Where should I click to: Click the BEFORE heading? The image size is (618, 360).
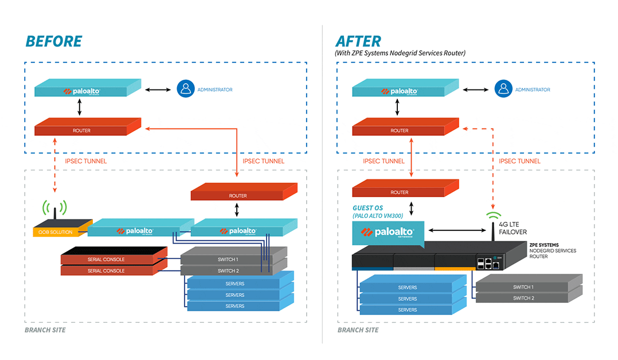tap(53, 41)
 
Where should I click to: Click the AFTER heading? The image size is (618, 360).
tap(358, 41)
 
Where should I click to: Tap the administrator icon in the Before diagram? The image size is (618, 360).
tap(185, 89)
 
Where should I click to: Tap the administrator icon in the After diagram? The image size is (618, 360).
tap(503, 89)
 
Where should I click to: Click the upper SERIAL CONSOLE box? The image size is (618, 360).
tap(107, 259)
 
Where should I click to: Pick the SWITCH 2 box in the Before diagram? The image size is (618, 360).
tap(228, 271)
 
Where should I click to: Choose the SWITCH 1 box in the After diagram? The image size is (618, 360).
tap(523, 287)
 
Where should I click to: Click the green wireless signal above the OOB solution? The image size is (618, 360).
tap(54, 208)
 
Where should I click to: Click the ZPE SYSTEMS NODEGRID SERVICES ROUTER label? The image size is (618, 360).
tap(553, 251)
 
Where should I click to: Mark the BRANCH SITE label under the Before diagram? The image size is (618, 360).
tap(45, 330)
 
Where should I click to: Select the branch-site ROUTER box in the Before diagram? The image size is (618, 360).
tap(238, 195)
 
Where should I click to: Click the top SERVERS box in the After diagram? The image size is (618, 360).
tap(408, 287)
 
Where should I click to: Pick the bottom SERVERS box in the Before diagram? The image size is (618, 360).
tap(235, 306)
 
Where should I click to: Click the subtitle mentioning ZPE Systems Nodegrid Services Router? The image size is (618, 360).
tap(400, 53)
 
